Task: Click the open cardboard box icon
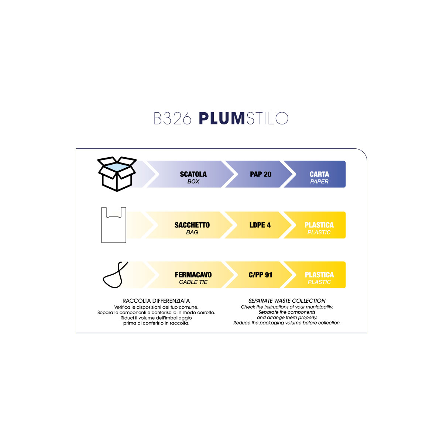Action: click(117, 174)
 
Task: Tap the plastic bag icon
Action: click(114, 225)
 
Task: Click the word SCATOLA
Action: click(193, 174)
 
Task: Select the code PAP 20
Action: click(261, 174)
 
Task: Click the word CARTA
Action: click(319, 174)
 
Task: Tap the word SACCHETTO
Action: click(192, 225)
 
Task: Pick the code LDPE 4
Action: click(260, 225)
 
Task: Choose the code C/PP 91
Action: click(260, 275)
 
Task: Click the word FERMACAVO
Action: click(193, 275)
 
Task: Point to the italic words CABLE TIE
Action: click(193, 282)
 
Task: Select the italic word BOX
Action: click(193, 182)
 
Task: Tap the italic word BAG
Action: click(192, 233)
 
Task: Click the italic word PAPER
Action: click(319, 182)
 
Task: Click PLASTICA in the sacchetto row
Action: click(319, 225)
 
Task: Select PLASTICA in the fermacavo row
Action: click(319, 275)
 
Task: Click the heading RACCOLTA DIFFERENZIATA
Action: click(156, 301)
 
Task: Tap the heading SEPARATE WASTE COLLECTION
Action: click(287, 301)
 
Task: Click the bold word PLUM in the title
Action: click(222, 119)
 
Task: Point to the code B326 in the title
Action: click(172, 119)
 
